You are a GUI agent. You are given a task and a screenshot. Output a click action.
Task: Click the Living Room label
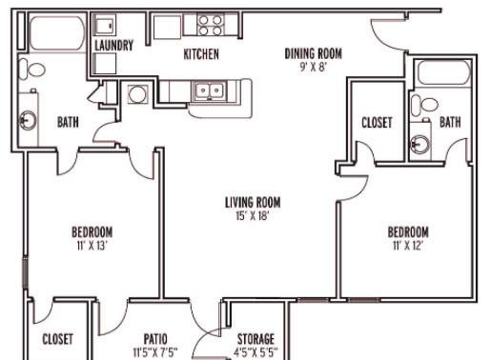click(253, 203)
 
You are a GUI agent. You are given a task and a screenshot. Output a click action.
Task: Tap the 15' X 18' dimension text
click(253, 216)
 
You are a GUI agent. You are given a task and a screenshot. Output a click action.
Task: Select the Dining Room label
click(314, 53)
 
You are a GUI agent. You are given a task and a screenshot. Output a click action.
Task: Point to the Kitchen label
click(201, 54)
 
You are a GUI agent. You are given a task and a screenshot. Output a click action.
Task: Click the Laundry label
click(113, 46)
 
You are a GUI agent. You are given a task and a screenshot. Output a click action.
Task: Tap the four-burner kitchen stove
click(210, 25)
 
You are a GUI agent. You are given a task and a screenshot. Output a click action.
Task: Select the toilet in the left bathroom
click(31, 70)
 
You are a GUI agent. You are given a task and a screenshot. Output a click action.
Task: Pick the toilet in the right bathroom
click(424, 105)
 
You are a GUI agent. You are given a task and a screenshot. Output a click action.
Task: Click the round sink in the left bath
click(29, 121)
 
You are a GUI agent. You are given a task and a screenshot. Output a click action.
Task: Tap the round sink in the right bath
click(420, 145)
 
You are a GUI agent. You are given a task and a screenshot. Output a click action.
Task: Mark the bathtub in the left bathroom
click(57, 33)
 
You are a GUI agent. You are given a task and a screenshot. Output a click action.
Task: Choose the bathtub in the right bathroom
click(444, 73)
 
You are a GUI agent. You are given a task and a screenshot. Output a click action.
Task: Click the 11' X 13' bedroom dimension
click(92, 246)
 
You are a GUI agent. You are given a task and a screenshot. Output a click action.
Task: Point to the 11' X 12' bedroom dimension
click(408, 246)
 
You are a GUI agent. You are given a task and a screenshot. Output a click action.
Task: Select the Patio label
click(155, 339)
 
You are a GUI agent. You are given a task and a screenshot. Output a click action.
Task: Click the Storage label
click(255, 339)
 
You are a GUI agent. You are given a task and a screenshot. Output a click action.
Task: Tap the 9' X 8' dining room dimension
click(314, 67)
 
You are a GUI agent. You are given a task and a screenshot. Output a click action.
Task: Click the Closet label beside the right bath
click(377, 123)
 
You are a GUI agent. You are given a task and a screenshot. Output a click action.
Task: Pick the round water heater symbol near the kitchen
click(138, 94)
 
